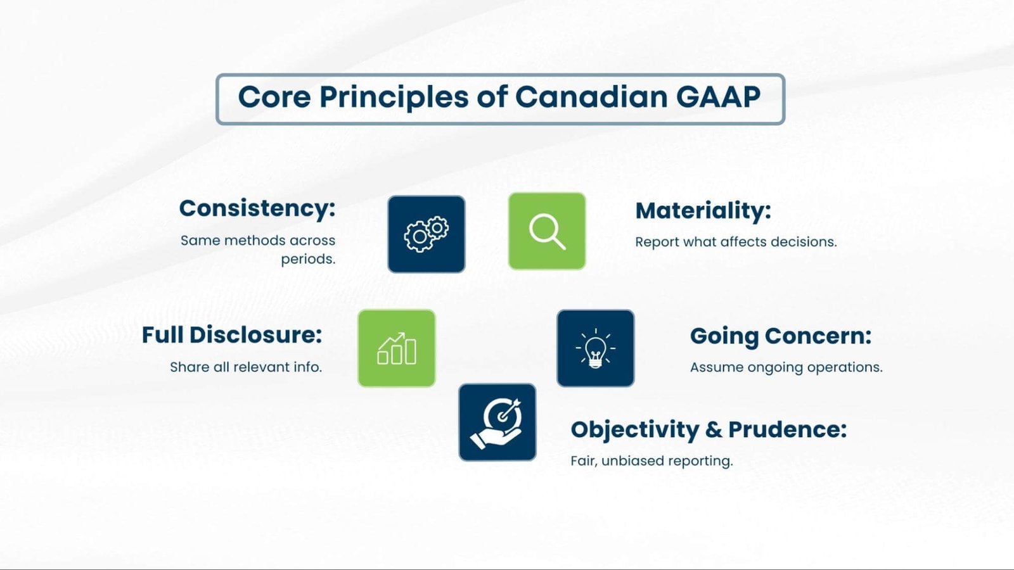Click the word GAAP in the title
[x=718, y=98]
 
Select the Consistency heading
[x=257, y=208]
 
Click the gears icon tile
[x=427, y=234]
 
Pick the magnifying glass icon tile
[x=547, y=231]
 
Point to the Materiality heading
[x=703, y=211]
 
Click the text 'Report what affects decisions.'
[x=736, y=242]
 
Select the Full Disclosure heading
[x=232, y=335]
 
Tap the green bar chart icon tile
[x=397, y=348]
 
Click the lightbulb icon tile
[x=596, y=348]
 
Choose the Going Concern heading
[x=781, y=336]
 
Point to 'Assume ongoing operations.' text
[x=786, y=367]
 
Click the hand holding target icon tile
[x=497, y=422]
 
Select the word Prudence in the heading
[x=787, y=429]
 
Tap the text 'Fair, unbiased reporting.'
[x=651, y=461]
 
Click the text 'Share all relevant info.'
[x=246, y=367]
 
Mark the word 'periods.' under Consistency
[x=308, y=259]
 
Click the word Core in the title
[x=274, y=98]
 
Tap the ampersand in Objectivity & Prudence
[x=713, y=429]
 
